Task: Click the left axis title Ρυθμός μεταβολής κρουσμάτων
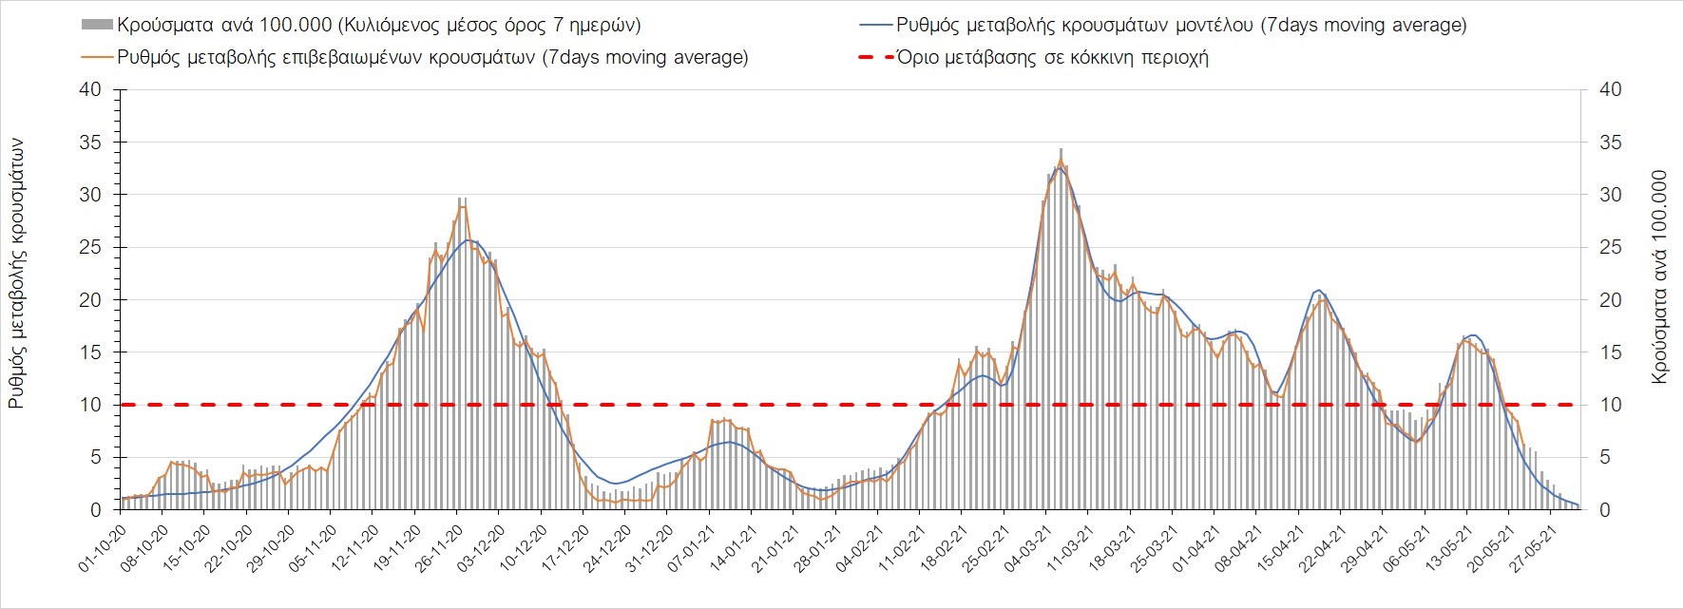[16, 274]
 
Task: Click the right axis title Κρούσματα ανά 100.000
[1660, 276]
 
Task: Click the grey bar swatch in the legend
[97, 25]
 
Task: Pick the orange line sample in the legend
[97, 57]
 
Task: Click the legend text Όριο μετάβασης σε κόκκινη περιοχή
[1052, 57]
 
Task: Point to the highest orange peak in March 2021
[1061, 158]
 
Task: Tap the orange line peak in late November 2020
[461, 207]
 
